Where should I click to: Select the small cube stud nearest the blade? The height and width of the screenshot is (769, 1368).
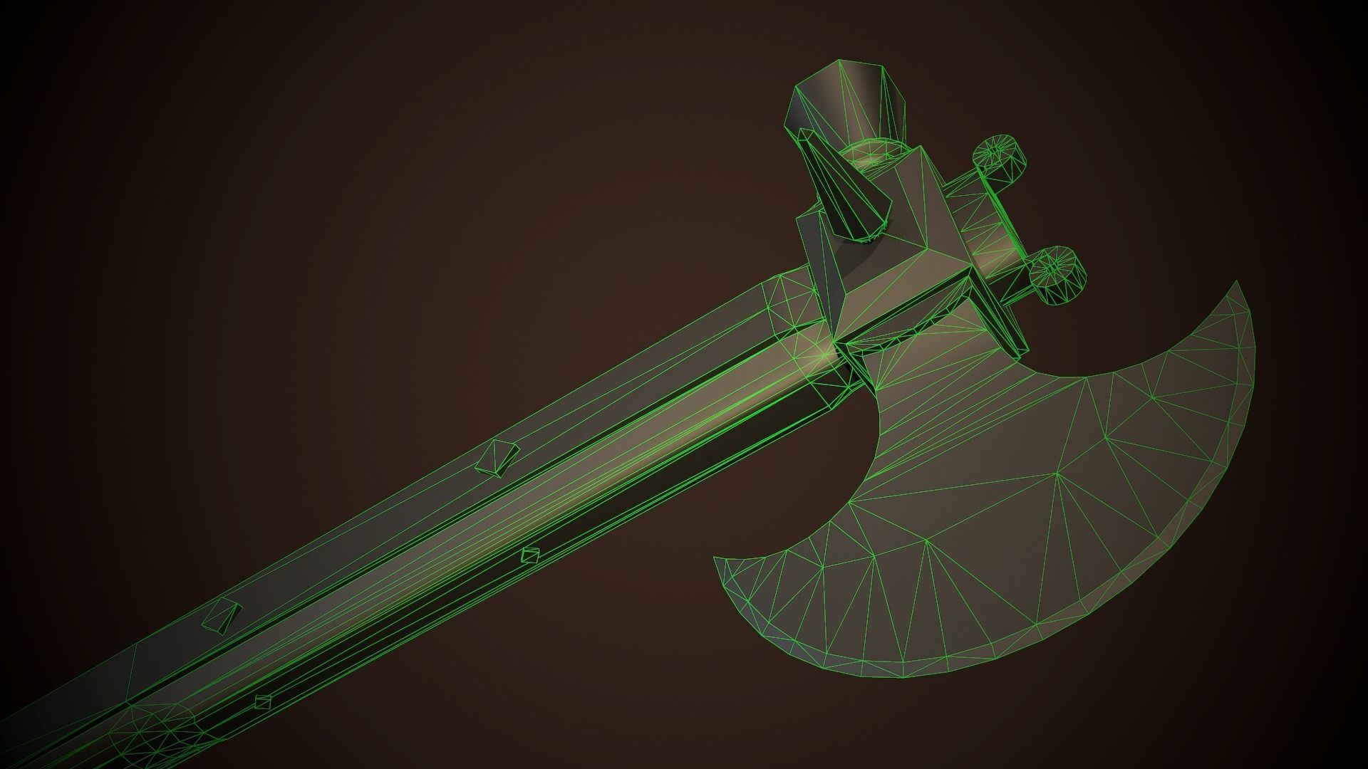[529, 555]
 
